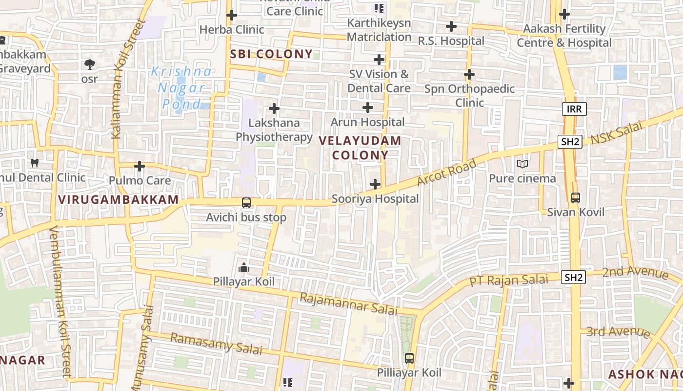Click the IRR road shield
[x=574, y=109]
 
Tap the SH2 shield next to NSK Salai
[x=570, y=142]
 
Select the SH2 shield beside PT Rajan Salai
[x=573, y=278]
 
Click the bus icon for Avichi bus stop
[x=246, y=202]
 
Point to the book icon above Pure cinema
[x=522, y=164]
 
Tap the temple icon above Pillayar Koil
[x=243, y=267]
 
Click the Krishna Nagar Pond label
[x=181, y=88]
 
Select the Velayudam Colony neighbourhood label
[x=360, y=148]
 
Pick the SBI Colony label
[x=271, y=54]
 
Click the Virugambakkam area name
[x=119, y=199]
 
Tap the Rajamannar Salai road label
[x=349, y=304]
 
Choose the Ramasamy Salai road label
[x=216, y=344]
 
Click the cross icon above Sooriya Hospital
[x=375, y=184]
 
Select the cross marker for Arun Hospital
[x=368, y=108]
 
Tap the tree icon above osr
[x=89, y=64]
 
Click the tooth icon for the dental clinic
[x=35, y=163]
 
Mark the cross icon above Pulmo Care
[x=140, y=166]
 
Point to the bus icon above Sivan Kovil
[x=576, y=198]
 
